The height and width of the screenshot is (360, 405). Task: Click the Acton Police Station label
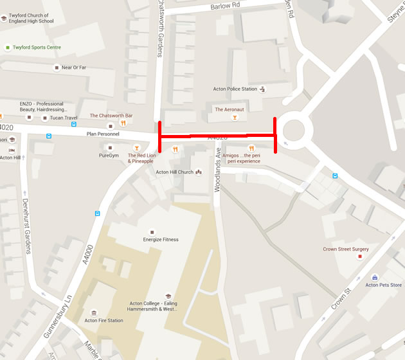pos(235,89)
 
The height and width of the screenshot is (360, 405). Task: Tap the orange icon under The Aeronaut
pos(235,118)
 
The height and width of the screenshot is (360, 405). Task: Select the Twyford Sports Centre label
pos(37,48)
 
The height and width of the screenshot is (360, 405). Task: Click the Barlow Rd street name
pos(225,6)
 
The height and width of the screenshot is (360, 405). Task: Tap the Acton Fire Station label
pos(104,320)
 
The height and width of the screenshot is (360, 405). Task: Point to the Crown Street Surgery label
pos(346,249)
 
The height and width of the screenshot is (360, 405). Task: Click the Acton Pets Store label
pos(383,285)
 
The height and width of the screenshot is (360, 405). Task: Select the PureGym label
pos(109,156)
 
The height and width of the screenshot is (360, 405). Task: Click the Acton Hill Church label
pos(174,172)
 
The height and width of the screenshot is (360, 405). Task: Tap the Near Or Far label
pos(73,67)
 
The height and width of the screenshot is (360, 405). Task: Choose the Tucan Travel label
pos(63,118)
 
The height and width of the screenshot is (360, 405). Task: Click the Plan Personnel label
pos(104,134)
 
